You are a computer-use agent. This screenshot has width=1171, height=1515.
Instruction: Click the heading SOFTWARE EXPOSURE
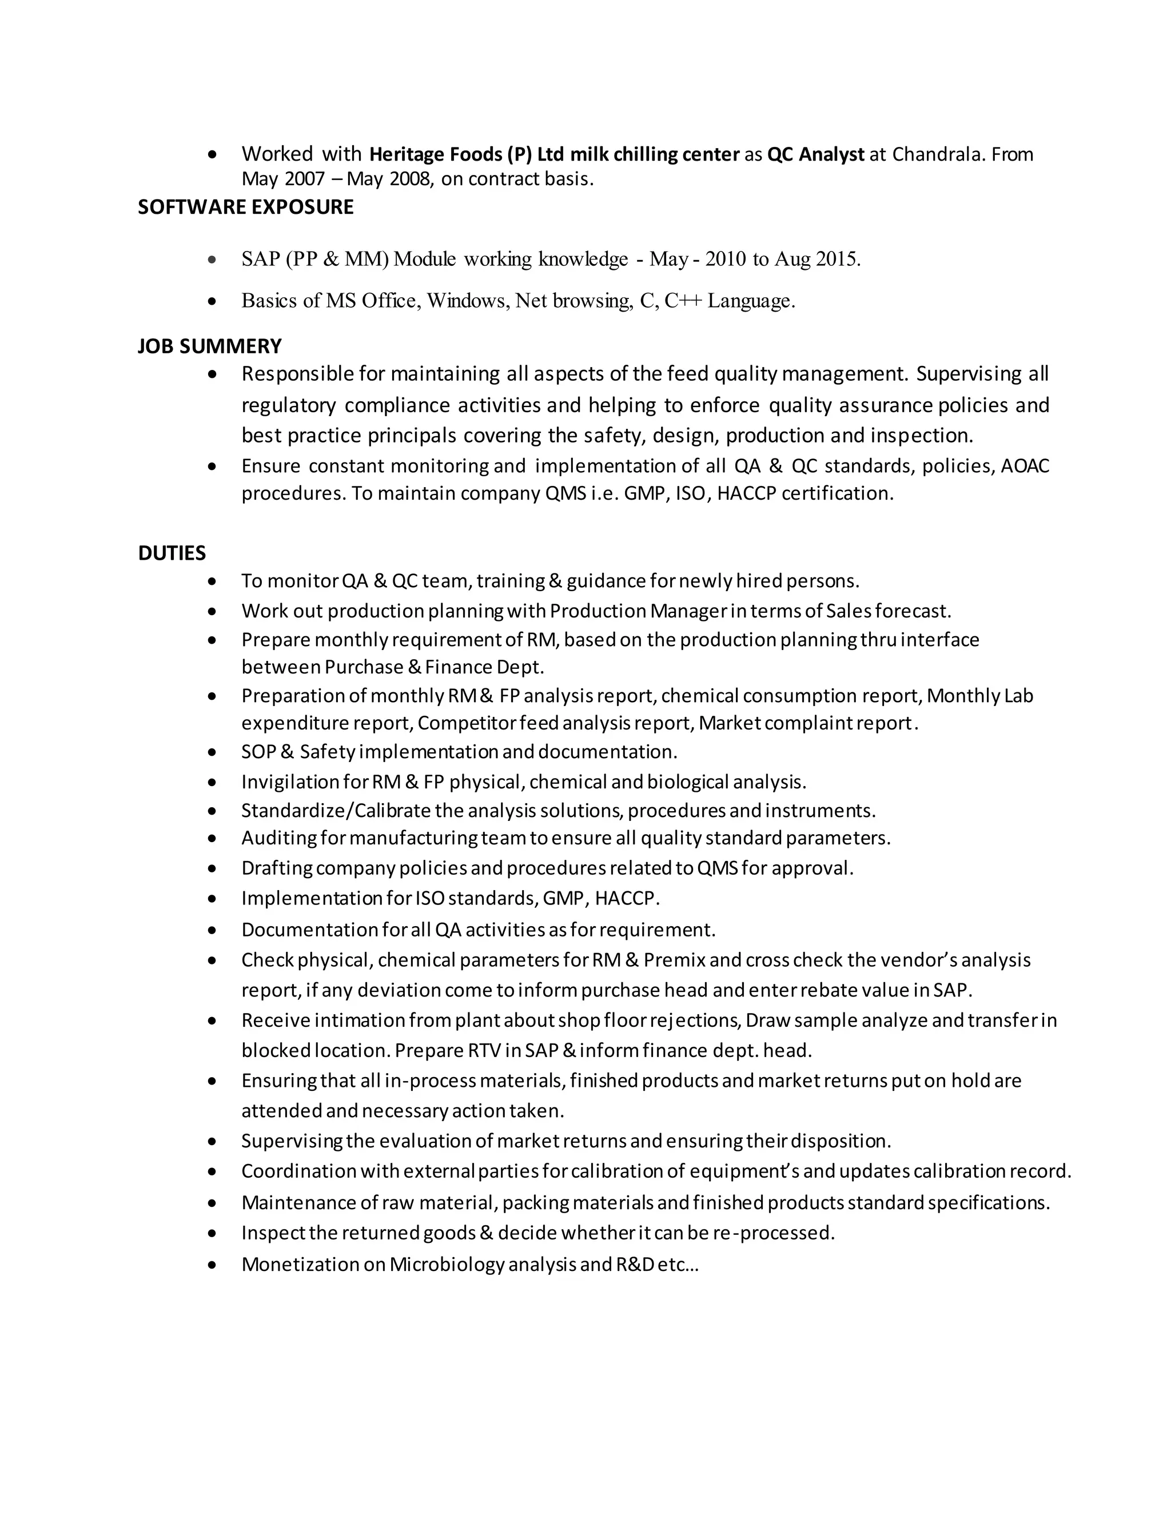pos(245,208)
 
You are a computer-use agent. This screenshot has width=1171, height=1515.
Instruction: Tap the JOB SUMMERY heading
pos(209,346)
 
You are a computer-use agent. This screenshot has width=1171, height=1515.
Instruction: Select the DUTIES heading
pos(172,553)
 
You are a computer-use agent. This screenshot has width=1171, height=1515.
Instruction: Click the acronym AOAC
pos(1025,465)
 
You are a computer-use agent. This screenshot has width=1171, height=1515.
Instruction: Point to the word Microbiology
pos(447,1264)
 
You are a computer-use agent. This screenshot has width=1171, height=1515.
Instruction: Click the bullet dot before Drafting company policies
pos(213,868)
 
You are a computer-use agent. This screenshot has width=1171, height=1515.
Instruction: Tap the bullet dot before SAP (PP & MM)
pos(213,260)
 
